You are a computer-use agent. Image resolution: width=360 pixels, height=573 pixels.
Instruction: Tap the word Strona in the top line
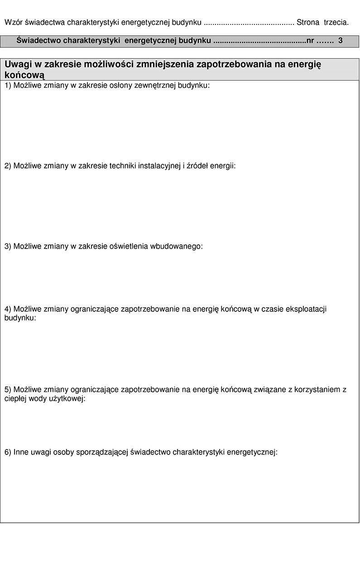pos(308,22)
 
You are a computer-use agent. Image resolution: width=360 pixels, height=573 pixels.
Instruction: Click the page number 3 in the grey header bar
pos(341,41)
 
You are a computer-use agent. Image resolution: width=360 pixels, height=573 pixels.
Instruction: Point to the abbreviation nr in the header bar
pos(310,41)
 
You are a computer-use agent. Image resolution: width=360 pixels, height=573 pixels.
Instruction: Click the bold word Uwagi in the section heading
pos(19,64)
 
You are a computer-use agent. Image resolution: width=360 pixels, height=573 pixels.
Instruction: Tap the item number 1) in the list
pos(8,85)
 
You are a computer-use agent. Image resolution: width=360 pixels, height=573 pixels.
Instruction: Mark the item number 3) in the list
pos(8,246)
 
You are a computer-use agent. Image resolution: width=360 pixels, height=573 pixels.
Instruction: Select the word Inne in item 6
pos(21,452)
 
